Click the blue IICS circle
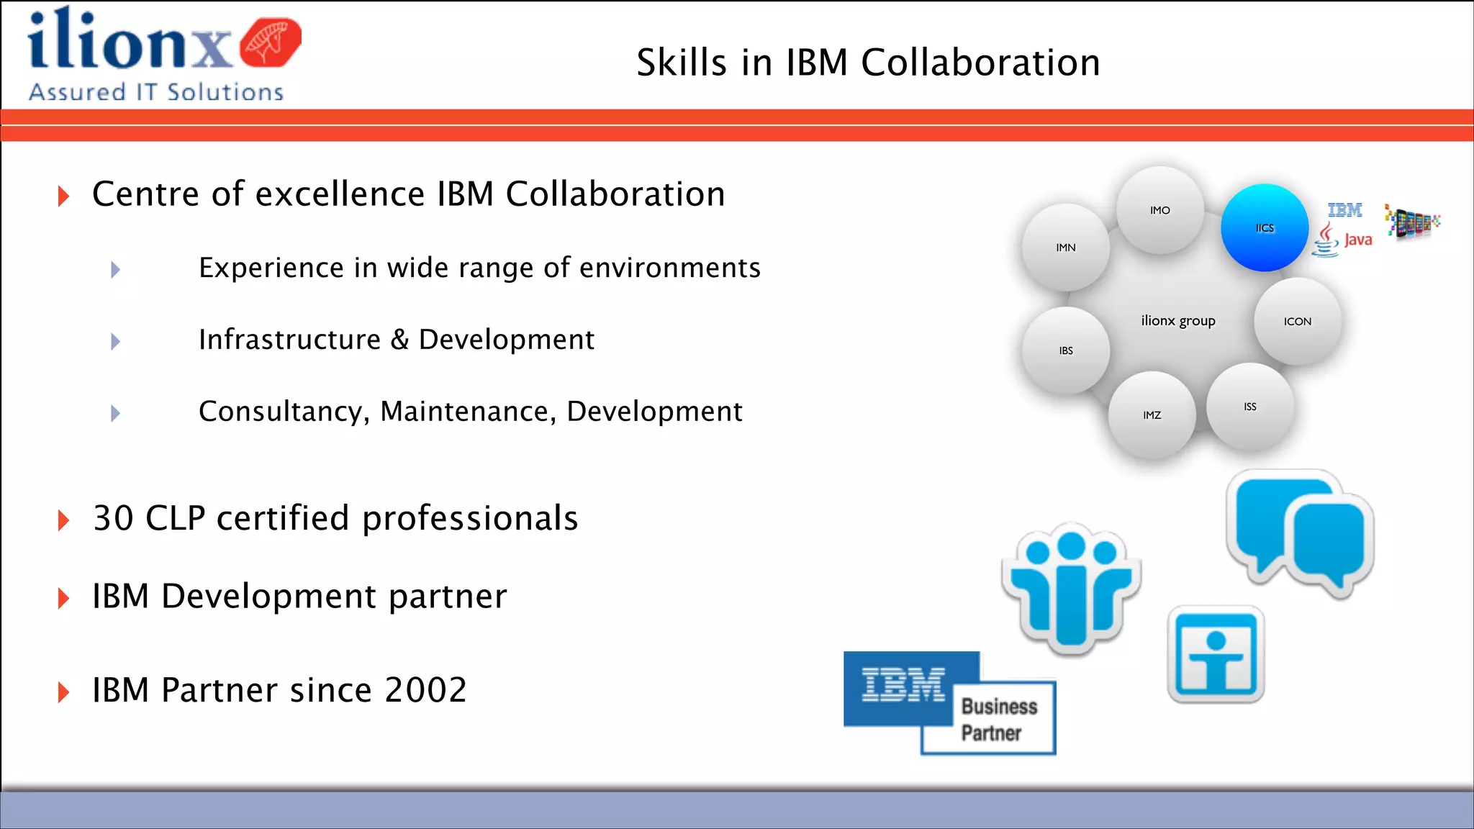[1265, 227]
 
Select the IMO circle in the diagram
[1159, 210]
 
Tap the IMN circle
[1066, 248]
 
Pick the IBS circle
[1066, 350]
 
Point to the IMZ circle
[1152, 415]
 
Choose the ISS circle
[1250, 407]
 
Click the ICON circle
[1298, 321]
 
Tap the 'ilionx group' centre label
[1178, 320]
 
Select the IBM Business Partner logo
[949, 702]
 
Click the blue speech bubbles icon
[1301, 533]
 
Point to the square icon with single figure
[1216, 654]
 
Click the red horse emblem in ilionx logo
[270, 42]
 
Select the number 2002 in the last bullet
[426, 690]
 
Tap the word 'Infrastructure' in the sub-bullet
[289, 340]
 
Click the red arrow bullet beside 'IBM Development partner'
[63, 598]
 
